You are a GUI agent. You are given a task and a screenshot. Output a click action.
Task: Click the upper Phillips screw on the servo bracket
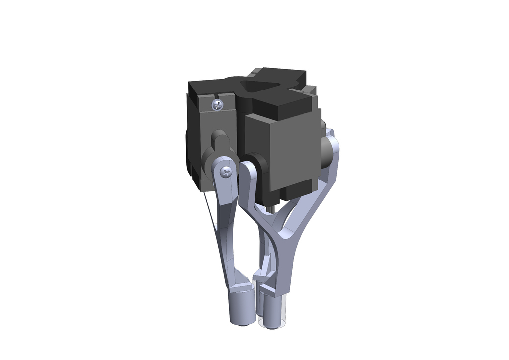217,104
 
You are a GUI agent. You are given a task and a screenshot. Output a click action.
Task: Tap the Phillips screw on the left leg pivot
226,172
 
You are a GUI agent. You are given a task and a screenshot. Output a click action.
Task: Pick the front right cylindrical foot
273,312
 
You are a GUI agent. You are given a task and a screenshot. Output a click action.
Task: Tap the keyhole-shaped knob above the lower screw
219,141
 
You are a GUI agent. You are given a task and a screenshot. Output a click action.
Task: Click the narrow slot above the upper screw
215,94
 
